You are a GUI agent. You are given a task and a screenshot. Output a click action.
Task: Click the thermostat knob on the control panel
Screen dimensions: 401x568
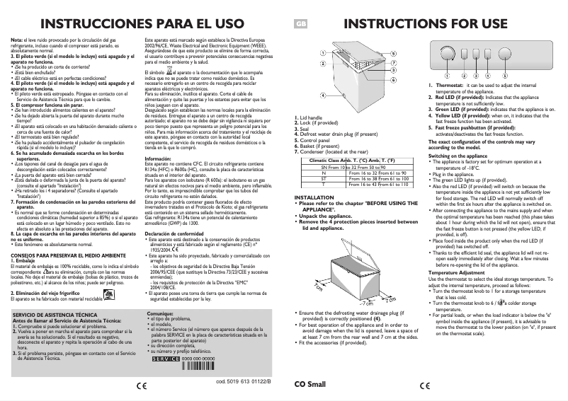click(x=448, y=54)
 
